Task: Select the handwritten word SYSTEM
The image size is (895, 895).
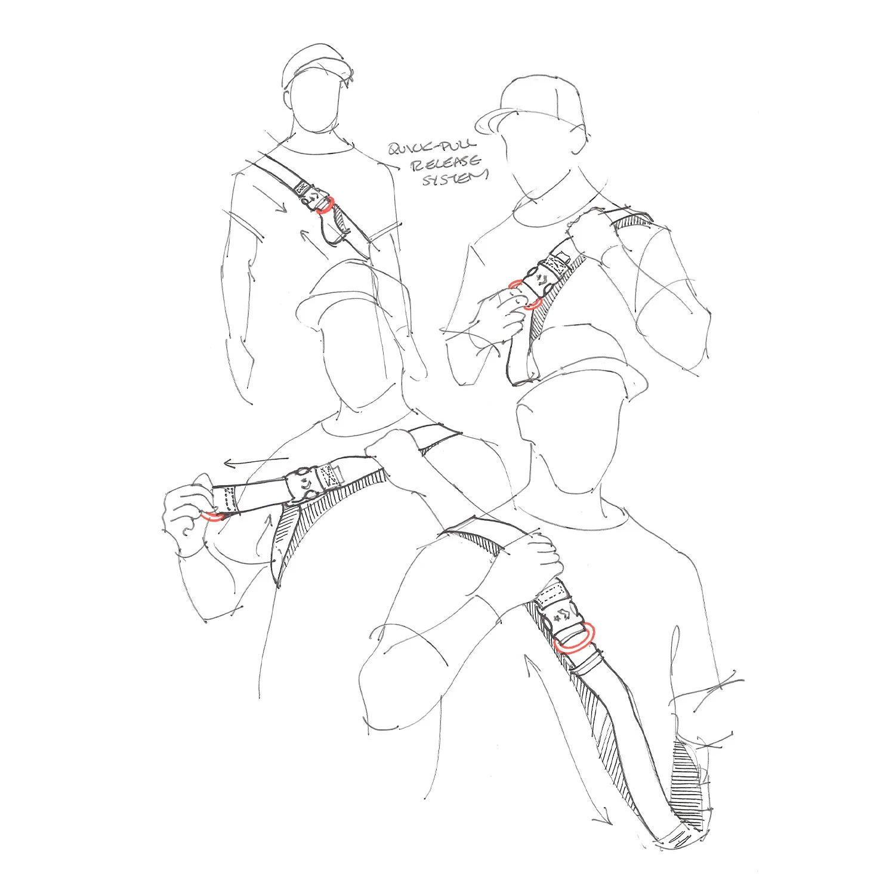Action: [x=455, y=178]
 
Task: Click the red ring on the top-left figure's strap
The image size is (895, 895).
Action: [x=323, y=205]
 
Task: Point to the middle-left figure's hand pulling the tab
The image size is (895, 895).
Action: [x=185, y=510]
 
